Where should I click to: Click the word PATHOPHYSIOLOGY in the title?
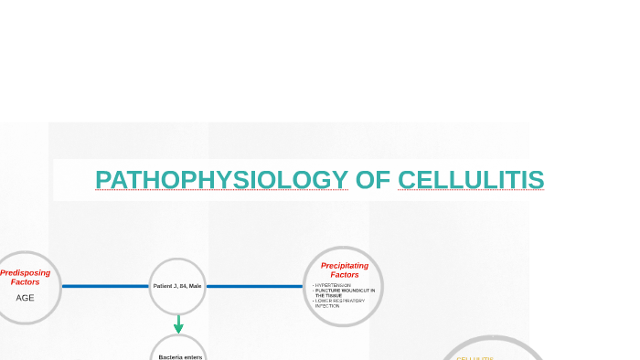pos(221,180)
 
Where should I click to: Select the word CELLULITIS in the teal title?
pos(471,180)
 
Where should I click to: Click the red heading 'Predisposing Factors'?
pos(26,277)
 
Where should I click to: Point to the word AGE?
pos(25,297)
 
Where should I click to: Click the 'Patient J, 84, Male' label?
pos(177,286)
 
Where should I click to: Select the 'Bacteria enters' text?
pos(180,356)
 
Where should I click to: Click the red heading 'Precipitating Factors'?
pos(345,270)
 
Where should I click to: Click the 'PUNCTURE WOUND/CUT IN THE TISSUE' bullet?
pos(344,292)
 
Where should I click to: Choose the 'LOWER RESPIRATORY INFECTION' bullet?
pos(339,302)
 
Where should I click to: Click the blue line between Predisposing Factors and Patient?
pos(105,286)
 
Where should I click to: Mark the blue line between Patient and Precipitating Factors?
pos(254,286)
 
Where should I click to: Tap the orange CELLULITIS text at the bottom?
pos(475,358)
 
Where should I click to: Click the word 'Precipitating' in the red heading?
pos(345,265)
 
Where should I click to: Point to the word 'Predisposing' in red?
pos(26,272)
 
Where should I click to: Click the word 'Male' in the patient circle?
pos(195,286)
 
